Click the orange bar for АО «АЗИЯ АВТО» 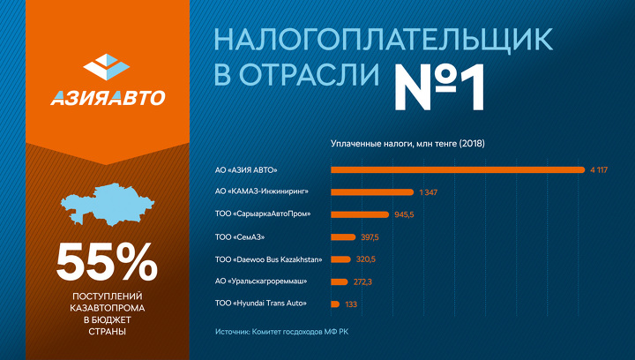pos(457,169)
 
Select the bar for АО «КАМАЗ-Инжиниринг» pos(371,191)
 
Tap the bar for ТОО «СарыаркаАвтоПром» pos(359,214)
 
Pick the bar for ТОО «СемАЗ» pos(342,236)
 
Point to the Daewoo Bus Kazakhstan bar pos(340,259)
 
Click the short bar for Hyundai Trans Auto pos(334,304)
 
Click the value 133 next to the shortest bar pos(352,304)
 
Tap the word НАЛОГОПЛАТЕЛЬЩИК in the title pos(384,38)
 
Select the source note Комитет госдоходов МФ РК pos(301,332)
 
